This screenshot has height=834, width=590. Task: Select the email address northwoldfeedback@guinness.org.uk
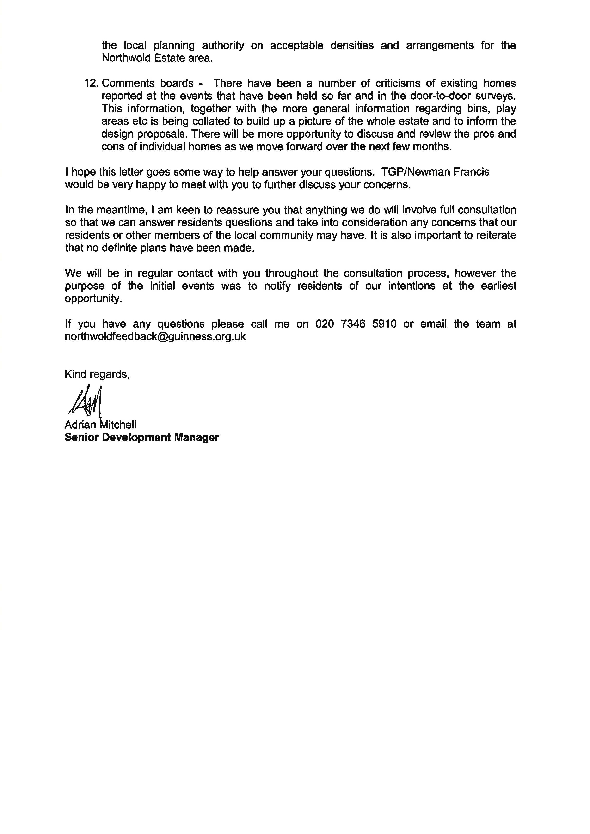point(155,337)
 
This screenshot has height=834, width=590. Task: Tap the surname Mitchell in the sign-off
point(118,425)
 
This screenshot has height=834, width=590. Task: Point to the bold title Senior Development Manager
point(142,437)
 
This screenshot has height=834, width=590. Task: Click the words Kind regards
point(97,374)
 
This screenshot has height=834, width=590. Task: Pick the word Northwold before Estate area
point(126,58)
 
